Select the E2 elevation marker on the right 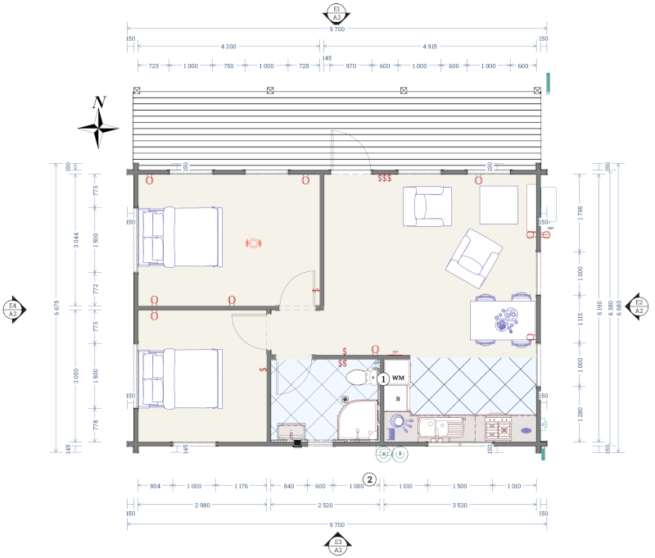coord(639,306)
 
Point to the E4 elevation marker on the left coord(12,308)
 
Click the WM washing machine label coord(398,377)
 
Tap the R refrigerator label coord(397,399)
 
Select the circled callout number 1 coord(382,379)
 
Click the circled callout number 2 coord(370,479)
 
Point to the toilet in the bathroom coord(359,378)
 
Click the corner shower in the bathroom coord(357,420)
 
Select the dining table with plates coord(503,320)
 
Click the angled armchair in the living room coord(473,257)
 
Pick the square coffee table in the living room coord(499,205)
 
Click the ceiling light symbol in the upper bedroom coord(254,243)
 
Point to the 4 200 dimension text coord(228,47)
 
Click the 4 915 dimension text coord(430,47)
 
